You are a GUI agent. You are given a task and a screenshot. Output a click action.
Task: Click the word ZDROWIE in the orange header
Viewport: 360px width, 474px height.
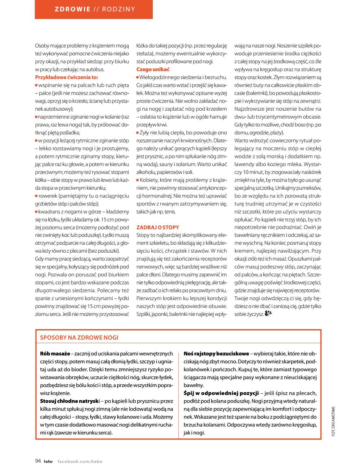click(72, 9)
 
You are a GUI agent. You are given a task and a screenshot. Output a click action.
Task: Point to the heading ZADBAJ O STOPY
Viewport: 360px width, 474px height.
click(158, 227)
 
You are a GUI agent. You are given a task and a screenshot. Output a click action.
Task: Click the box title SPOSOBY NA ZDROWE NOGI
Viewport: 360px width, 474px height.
click(79, 337)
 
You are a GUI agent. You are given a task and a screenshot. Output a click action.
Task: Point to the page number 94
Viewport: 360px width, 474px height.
click(38, 461)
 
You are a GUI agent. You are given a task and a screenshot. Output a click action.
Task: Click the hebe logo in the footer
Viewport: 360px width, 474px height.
click(48, 461)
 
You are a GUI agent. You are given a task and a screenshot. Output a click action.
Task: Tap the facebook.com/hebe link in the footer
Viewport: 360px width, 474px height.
click(80, 461)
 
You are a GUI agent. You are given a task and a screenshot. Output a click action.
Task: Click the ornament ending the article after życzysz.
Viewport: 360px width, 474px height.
click(268, 314)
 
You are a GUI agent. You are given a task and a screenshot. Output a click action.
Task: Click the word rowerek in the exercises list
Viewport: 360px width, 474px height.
click(47, 196)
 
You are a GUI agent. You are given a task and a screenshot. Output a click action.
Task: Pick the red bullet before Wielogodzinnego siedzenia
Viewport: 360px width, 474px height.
click(138, 77)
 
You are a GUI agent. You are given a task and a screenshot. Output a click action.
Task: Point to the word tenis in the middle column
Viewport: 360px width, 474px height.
click(170, 212)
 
